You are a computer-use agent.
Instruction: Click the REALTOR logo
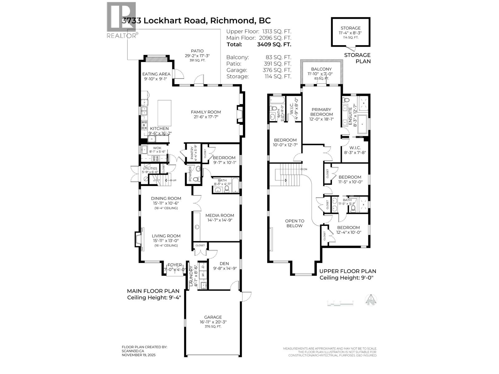point(121,20)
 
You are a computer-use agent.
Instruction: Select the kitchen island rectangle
point(164,113)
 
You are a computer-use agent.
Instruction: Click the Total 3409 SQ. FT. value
point(274,44)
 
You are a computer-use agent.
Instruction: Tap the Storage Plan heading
point(357,58)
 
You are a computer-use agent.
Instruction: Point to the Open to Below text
point(294,223)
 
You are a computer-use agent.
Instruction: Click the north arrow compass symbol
point(371,300)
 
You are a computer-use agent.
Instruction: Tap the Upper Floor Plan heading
point(347,271)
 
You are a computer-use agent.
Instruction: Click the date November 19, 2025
point(138,355)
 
